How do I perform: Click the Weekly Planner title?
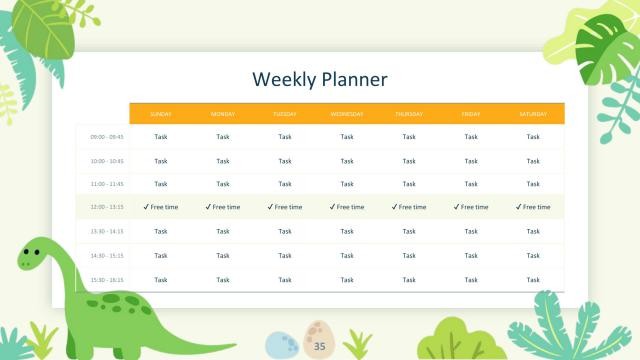click(319, 79)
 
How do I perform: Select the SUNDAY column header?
click(161, 114)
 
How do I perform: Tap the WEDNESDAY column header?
click(347, 114)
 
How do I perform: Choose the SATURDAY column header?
click(533, 114)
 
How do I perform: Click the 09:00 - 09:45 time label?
click(107, 137)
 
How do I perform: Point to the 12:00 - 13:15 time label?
click(107, 207)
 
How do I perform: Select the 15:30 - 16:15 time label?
click(107, 280)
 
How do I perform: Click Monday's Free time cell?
click(223, 207)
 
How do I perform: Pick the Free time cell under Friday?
click(471, 207)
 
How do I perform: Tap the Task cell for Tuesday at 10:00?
click(285, 160)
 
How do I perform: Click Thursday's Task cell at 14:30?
click(409, 255)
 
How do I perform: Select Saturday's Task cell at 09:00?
click(533, 137)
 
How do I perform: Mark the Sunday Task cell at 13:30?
click(161, 231)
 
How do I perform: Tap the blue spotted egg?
click(283, 345)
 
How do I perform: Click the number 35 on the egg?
click(320, 346)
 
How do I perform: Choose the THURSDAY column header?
click(409, 114)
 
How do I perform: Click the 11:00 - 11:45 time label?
click(107, 184)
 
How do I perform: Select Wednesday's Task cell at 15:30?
click(347, 280)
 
